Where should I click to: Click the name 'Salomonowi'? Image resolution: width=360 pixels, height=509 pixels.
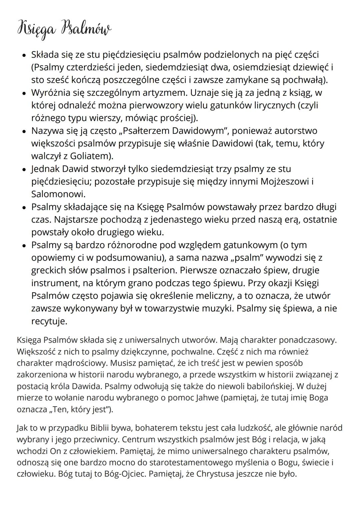[x=57, y=194]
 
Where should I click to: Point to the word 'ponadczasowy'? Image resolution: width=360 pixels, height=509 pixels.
[x=307, y=340]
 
